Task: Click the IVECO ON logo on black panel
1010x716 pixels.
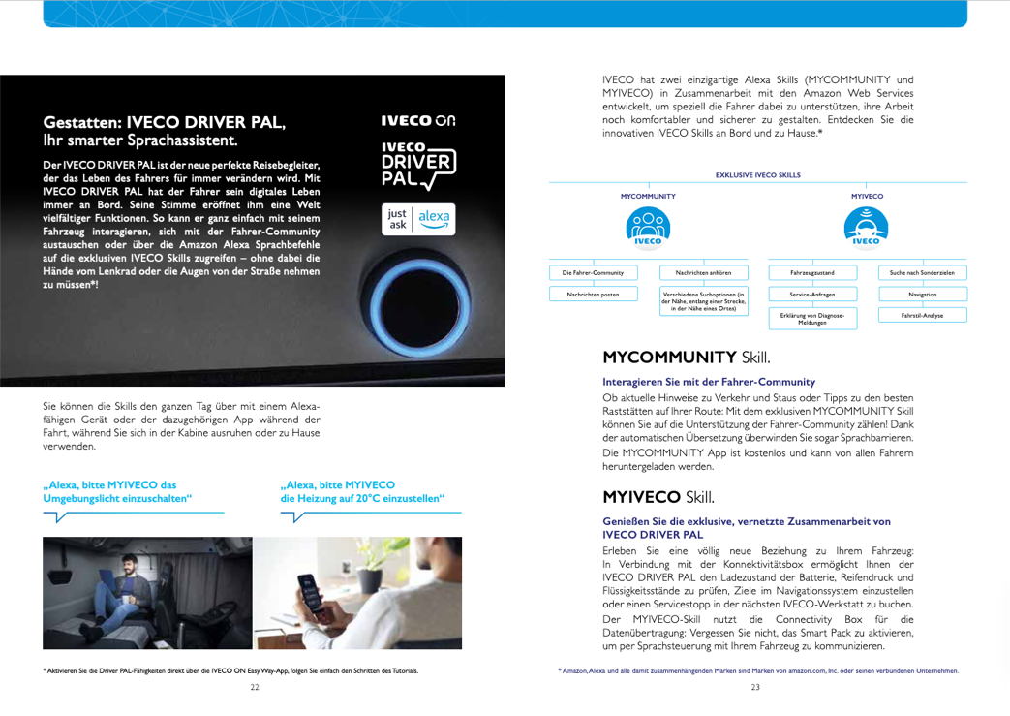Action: [x=416, y=121]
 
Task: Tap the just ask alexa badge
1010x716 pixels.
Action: [x=416, y=219]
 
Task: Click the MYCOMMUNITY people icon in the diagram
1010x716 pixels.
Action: [x=648, y=229]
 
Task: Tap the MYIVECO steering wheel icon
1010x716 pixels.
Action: [x=867, y=229]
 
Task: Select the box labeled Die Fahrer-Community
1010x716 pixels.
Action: [x=592, y=273]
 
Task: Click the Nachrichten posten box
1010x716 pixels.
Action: [x=592, y=294]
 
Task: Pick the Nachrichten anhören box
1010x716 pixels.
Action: [x=703, y=273]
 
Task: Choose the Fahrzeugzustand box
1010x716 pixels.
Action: [x=811, y=273]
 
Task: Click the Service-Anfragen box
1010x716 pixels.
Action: [x=811, y=294]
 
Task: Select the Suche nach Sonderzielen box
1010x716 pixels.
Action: [x=922, y=273]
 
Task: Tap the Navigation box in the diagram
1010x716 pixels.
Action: [x=922, y=294]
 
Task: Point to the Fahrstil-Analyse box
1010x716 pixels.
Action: [x=922, y=315]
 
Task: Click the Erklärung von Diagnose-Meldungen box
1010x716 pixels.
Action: [x=811, y=319]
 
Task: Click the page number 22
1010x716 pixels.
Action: [x=254, y=687]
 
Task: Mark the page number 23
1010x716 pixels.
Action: [x=755, y=687]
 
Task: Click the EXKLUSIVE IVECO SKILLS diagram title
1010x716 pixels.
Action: [x=757, y=174]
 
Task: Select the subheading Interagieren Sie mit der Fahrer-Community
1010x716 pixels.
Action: [x=709, y=382]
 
